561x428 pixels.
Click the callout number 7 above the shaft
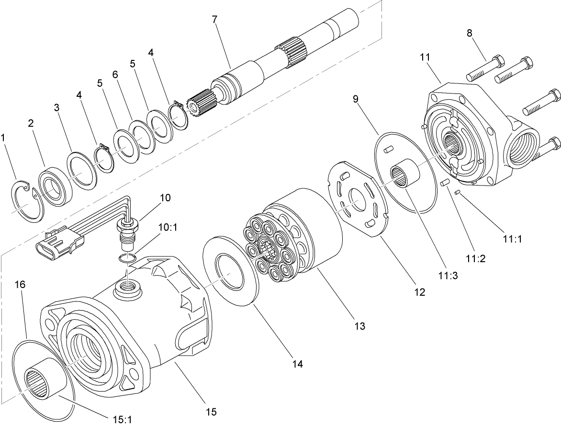(214, 20)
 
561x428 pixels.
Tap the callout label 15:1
(122, 419)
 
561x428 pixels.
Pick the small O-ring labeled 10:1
(127, 259)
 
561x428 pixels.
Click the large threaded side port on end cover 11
(523, 151)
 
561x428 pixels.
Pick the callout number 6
(115, 75)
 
